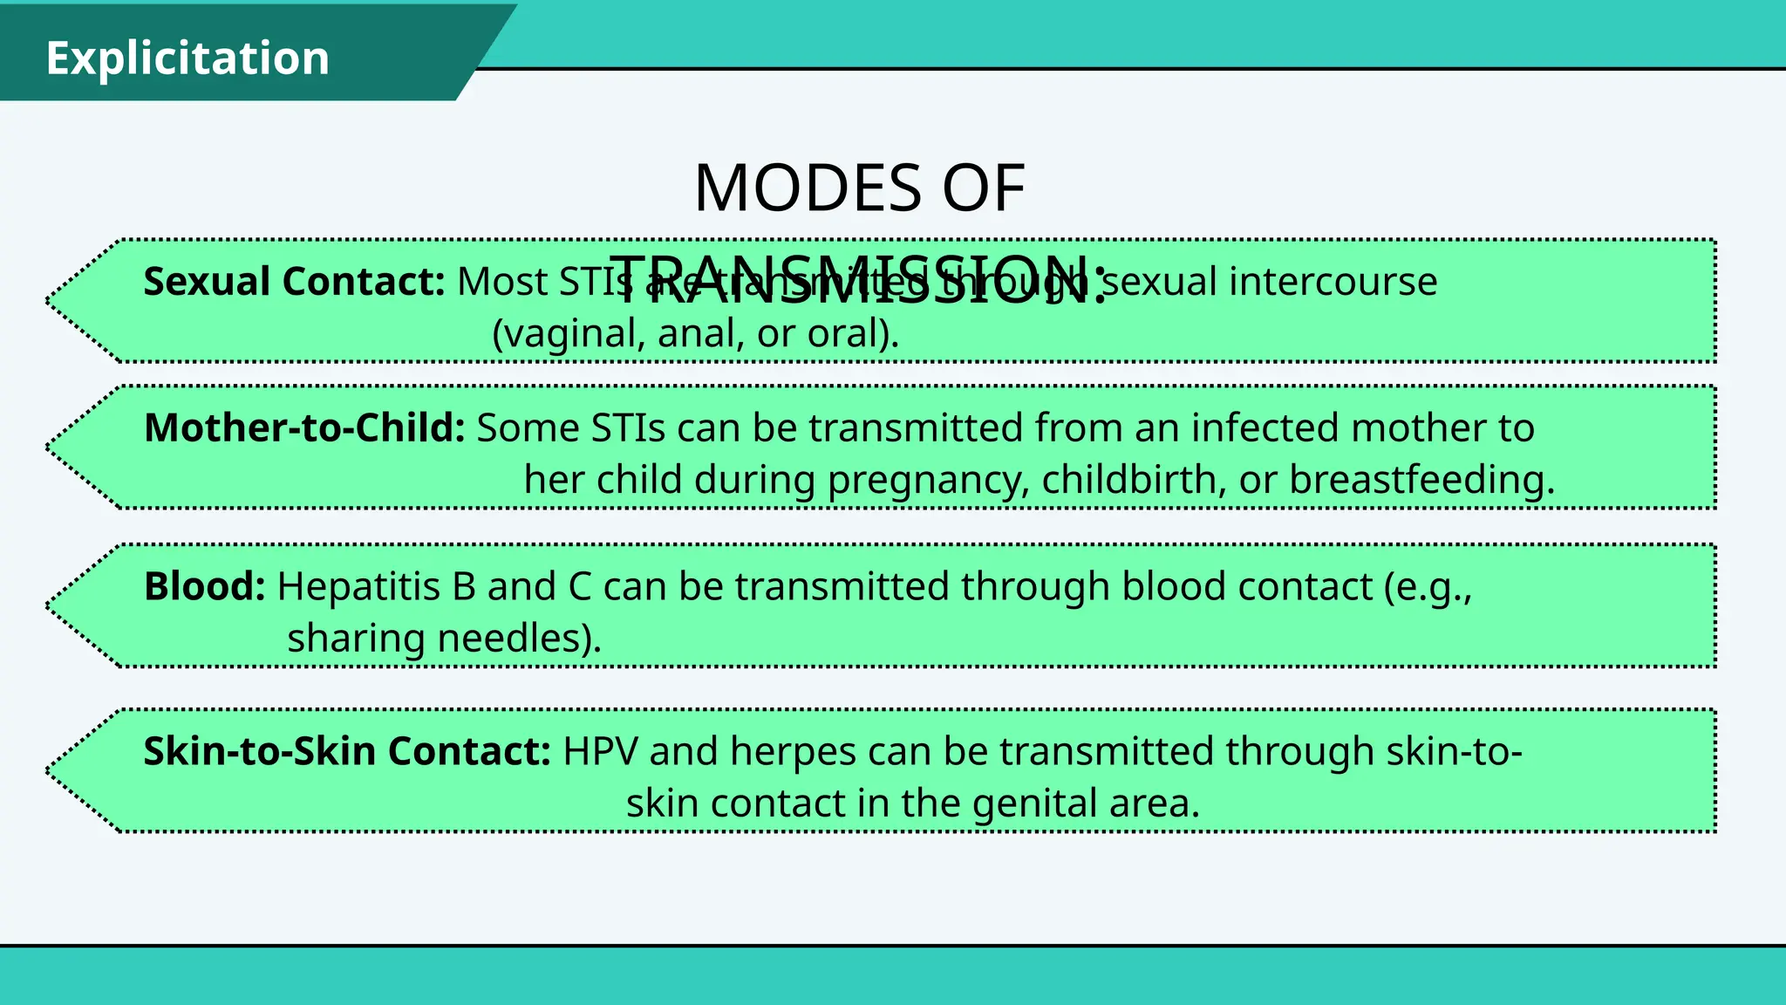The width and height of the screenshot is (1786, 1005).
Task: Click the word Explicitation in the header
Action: click(x=187, y=58)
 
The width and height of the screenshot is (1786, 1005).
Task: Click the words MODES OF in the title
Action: click(x=859, y=188)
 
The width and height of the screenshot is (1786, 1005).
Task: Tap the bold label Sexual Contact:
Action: click(x=294, y=282)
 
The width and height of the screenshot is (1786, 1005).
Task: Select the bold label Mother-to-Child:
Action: click(x=304, y=428)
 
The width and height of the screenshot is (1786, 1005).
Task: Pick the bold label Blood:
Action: click(x=204, y=587)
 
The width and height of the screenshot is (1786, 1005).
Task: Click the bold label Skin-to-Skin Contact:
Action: click(x=347, y=752)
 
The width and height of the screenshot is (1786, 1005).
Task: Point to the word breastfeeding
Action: click(x=1421, y=480)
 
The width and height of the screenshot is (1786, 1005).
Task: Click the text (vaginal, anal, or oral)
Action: click(x=695, y=333)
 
